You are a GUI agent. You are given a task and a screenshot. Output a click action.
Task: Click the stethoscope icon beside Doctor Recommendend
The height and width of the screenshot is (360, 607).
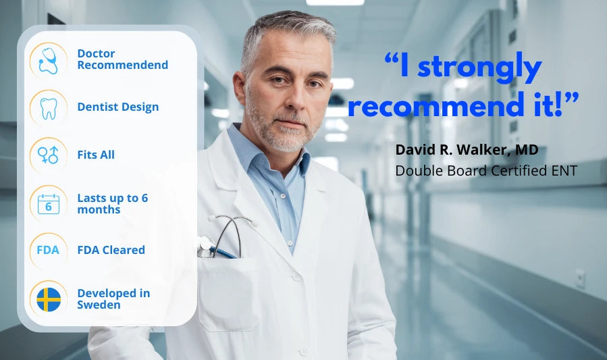pos(49,61)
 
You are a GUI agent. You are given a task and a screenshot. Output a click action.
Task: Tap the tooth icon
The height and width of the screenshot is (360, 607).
pos(49,108)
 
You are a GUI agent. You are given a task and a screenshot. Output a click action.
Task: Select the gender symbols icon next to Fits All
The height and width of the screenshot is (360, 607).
pos(49,155)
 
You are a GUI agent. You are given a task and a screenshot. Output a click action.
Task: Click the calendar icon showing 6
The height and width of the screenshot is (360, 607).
pos(49,203)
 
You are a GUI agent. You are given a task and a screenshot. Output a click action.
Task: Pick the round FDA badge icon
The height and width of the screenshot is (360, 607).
pos(49,251)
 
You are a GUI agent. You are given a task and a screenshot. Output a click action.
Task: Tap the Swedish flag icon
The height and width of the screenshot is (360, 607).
pos(49,299)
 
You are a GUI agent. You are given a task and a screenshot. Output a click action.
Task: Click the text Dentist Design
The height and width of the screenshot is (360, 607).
pos(118,107)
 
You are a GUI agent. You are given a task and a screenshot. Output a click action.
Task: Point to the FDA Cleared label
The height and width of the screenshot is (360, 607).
pos(111,250)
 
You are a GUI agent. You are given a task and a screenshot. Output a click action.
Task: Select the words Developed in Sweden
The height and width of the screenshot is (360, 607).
pos(113,299)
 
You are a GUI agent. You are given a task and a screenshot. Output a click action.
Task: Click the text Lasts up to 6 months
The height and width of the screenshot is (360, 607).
pos(113,203)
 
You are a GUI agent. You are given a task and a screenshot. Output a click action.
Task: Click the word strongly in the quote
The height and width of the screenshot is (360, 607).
pos(479,68)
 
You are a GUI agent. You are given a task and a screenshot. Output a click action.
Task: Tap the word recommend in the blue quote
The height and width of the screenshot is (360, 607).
pos(439,105)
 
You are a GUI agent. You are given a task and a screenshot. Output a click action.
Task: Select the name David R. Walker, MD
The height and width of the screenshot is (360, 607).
pos(467,150)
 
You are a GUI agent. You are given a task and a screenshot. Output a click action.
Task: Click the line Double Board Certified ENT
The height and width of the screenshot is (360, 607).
pos(486,171)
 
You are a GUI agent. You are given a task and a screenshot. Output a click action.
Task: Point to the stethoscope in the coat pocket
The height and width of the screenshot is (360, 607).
pos(226,237)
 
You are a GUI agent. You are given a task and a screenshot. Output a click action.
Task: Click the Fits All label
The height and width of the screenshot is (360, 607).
pos(96,155)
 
